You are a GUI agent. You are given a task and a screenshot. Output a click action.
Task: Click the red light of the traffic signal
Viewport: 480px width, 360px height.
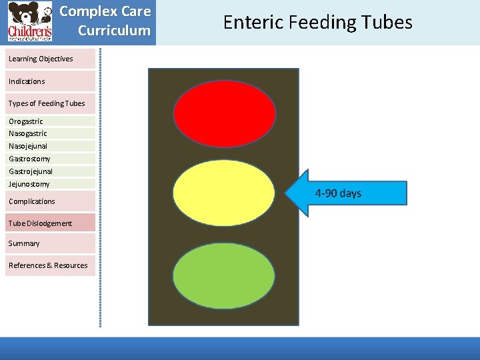[x=224, y=113]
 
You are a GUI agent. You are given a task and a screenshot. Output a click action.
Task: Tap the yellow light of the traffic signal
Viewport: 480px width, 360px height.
[x=224, y=195]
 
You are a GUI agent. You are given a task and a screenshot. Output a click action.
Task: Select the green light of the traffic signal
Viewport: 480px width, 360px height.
[x=224, y=275]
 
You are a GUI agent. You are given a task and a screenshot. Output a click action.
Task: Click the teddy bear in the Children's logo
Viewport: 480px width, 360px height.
[x=23, y=15]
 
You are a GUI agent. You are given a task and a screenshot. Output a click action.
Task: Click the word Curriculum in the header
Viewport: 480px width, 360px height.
[x=114, y=31]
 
